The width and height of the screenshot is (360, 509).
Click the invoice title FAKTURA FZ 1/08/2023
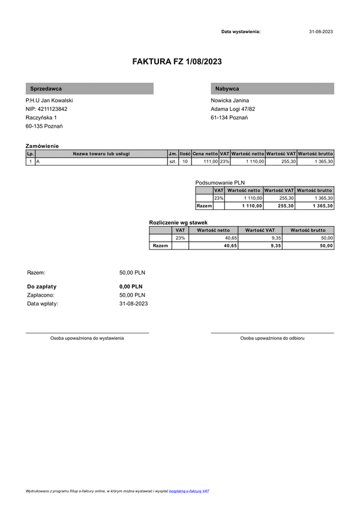(180, 61)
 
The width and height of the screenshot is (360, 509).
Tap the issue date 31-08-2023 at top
(320, 31)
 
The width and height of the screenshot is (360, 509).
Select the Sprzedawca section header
(46, 89)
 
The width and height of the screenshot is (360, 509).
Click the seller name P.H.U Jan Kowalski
(49, 100)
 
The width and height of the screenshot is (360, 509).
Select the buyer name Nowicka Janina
(230, 100)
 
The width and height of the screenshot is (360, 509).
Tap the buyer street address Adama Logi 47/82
(233, 109)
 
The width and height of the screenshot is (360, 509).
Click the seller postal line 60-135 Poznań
(44, 127)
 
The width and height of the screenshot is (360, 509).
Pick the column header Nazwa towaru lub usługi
(101, 154)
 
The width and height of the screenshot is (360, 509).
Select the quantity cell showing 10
(185, 162)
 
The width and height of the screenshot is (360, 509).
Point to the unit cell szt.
(173, 162)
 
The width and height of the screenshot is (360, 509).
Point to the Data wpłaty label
(43, 303)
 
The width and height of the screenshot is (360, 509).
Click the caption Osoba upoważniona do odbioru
(272, 338)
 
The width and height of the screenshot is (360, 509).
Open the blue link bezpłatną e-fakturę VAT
(189, 491)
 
